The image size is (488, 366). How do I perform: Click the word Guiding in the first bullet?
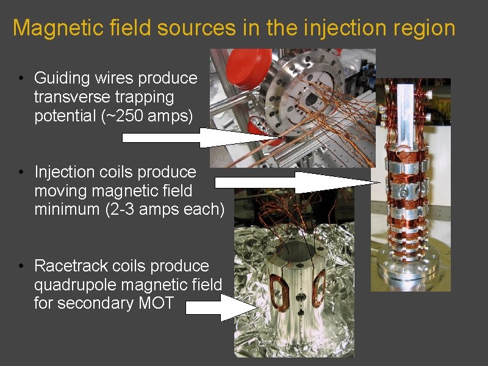tap(59, 79)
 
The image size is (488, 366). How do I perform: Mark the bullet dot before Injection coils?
tap(21, 173)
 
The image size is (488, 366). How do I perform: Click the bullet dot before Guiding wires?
tap(21, 79)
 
